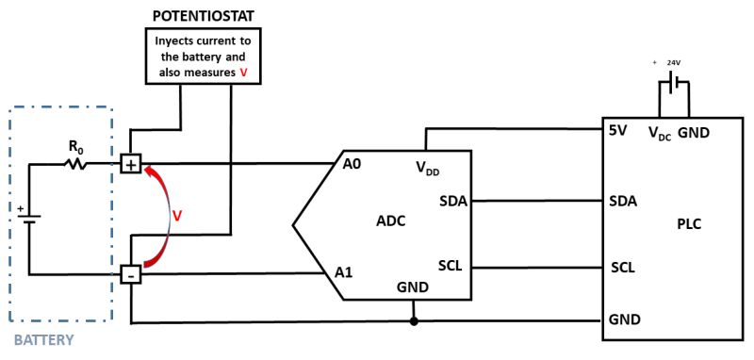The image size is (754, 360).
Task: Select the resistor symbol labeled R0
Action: (x=75, y=164)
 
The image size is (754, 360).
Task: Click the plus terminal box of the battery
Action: (x=131, y=164)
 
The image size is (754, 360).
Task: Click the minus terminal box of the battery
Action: (x=131, y=274)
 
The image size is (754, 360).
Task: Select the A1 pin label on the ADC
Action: (x=345, y=272)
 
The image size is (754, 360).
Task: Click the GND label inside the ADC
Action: (x=413, y=286)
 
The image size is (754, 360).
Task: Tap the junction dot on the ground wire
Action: (x=414, y=322)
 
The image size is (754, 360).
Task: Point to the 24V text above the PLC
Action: (x=673, y=63)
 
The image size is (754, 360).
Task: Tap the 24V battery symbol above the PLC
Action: (x=668, y=86)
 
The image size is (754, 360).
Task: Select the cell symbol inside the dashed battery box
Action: (x=29, y=220)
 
